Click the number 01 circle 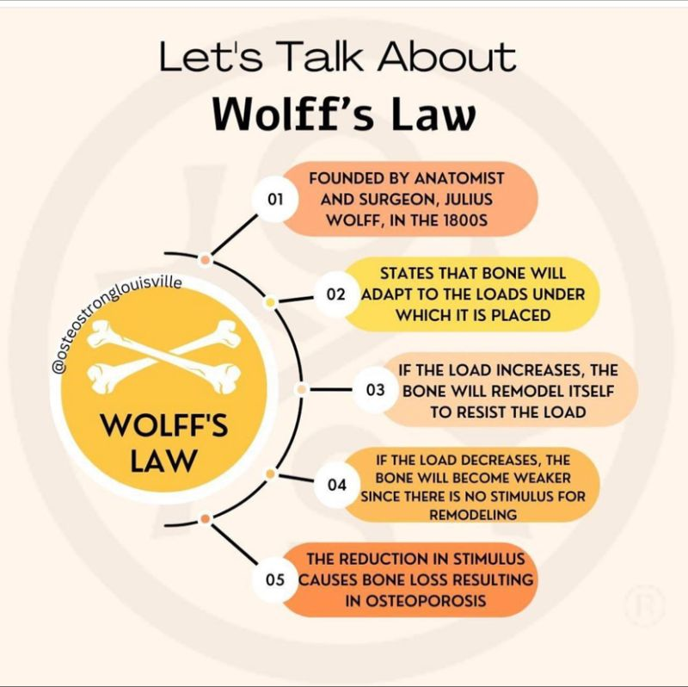pyautogui.click(x=275, y=199)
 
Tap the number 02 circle pyautogui.click(x=336, y=294)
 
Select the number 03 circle pyautogui.click(x=376, y=390)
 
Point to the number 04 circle pyautogui.click(x=336, y=485)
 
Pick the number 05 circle pyautogui.click(x=275, y=580)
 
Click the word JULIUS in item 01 pyautogui.click(x=469, y=200)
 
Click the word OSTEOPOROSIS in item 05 pyautogui.click(x=415, y=600)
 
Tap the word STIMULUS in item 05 pyautogui.click(x=488, y=559)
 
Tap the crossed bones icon pyautogui.click(x=163, y=356)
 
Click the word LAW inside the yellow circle pyautogui.click(x=163, y=461)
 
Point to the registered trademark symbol pyautogui.click(x=645, y=605)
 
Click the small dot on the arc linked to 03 pyautogui.click(x=302, y=389)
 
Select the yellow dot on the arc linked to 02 pyautogui.click(x=271, y=302)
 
